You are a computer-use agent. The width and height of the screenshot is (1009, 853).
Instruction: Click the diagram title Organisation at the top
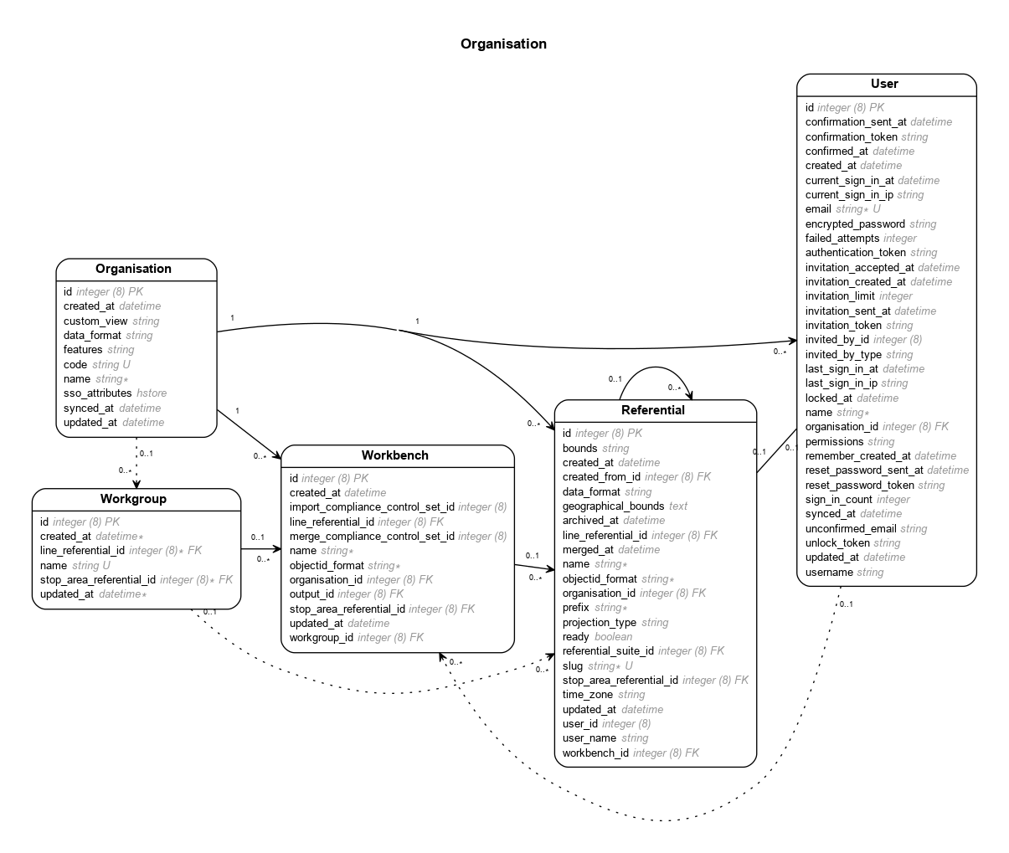(x=503, y=44)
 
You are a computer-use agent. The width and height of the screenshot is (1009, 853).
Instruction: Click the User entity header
(x=884, y=84)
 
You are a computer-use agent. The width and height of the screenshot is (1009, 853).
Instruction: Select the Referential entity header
(x=653, y=410)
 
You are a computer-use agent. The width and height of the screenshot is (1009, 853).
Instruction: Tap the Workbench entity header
(x=395, y=455)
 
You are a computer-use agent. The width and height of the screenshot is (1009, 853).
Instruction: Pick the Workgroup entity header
(x=133, y=499)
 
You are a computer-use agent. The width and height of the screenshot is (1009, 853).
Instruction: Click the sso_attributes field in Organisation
(x=98, y=393)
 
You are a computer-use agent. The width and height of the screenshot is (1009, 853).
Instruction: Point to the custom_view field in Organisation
(x=95, y=321)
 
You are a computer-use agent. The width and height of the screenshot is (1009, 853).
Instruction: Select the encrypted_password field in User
(x=855, y=224)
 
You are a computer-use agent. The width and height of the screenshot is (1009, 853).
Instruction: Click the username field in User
(x=829, y=573)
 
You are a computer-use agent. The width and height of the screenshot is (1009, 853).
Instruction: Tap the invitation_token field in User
(x=843, y=325)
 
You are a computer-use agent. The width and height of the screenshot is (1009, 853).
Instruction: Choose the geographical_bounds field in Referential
(x=613, y=506)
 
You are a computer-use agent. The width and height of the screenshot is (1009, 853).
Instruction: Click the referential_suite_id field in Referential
(x=608, y=650)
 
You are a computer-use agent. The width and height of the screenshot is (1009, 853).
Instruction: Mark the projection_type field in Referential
(x=600, y=622)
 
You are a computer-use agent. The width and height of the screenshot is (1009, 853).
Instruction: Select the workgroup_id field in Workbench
(x=322, y=638)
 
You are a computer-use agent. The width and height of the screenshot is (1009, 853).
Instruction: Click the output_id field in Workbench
(x=311, y=594)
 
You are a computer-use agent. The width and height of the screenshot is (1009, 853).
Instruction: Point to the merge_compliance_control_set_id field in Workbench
(x=372, y=536)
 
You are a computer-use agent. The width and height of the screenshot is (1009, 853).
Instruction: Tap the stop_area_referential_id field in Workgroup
(x=98, y=579)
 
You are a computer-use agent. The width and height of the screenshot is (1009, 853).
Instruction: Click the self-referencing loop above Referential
(x=655, y=369)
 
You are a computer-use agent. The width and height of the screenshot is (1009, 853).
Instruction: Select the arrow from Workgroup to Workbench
(x=260, y=549)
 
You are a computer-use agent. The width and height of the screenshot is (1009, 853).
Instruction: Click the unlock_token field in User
(x=837, y=543)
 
